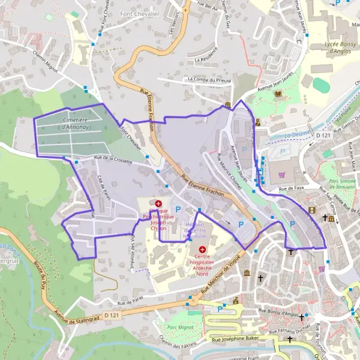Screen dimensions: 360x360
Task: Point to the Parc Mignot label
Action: pos(179,328)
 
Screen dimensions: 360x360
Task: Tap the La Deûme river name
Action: pos(296,135)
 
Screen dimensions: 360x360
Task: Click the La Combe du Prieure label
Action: pos(209,79)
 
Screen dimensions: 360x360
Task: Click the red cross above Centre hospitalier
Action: pos(202,249)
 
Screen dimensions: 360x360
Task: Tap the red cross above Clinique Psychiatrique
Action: pos(158,204)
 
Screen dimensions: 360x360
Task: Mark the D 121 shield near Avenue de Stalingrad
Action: pos(110,315)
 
